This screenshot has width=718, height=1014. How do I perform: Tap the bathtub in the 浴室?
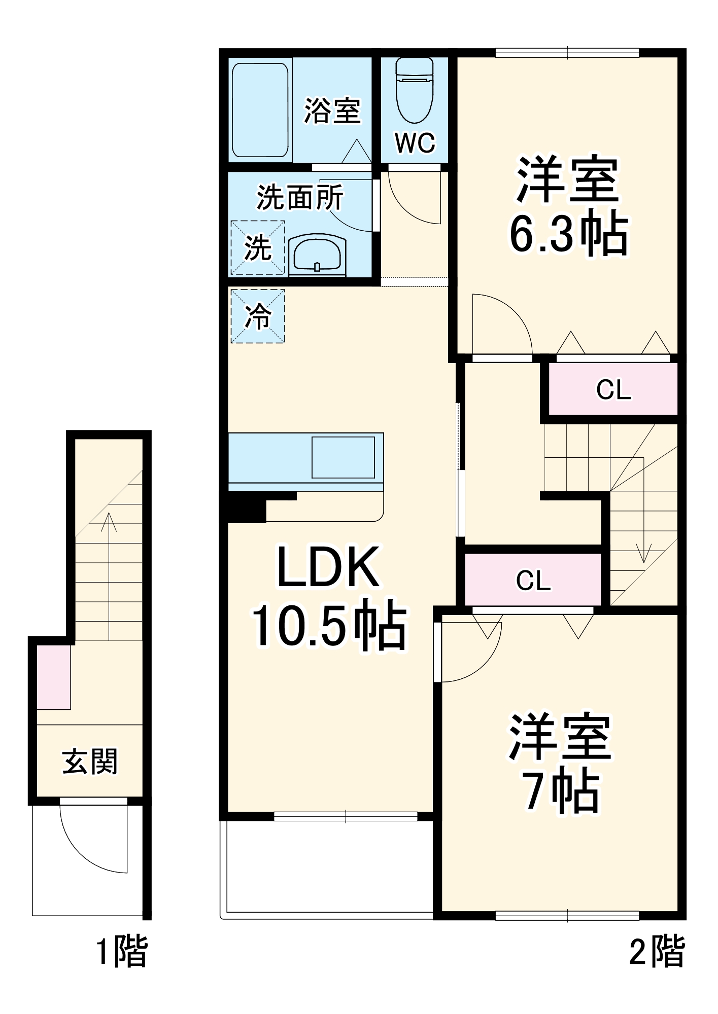(x=260, y=110)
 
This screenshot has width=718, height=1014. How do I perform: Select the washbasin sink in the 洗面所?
(x=317, y=255)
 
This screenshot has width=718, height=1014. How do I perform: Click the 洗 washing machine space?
(x=258, y=248)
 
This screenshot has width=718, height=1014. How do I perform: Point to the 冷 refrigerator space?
(x=258, y=316)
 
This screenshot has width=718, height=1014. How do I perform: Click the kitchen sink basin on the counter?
(x=343, y=457)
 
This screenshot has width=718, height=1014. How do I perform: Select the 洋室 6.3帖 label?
(x=568, y=205)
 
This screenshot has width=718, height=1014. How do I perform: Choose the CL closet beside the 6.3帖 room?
(x=613, y=389)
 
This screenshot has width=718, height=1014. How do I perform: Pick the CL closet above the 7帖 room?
(x=533, y=580)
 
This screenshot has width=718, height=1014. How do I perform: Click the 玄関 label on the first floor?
(x=90, y=762)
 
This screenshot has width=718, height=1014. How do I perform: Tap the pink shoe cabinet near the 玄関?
(x=54, y=677)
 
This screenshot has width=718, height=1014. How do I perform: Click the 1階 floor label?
(x=122, y=951)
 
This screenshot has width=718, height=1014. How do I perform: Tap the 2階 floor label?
(x=657, y=951)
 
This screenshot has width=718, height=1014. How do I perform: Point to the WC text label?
(x=415, y=143)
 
